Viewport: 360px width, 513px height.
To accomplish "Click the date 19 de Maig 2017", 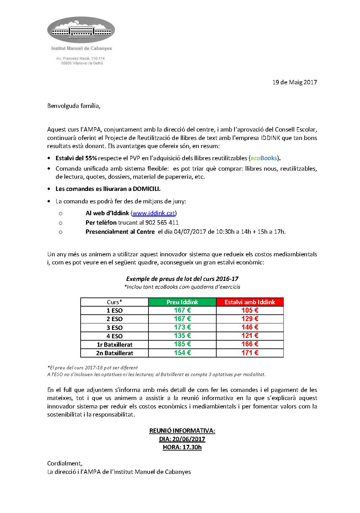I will point(295,82).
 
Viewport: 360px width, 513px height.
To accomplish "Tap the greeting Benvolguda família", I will point(74,106).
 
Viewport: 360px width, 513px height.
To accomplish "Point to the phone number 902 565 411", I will point(162,223).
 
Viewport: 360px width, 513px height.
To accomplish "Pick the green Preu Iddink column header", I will point(182,302).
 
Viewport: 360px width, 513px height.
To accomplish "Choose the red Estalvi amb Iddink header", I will point(250,302).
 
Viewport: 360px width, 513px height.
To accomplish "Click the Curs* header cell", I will point(114,302).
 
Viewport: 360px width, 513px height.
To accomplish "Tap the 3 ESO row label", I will point(114,327).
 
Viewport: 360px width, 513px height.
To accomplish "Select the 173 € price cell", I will point(182,327).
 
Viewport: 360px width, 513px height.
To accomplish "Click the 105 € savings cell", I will point(250,310).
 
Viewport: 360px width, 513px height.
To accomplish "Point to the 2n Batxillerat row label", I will point(114,353).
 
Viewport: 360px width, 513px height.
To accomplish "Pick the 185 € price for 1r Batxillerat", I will point(182,344).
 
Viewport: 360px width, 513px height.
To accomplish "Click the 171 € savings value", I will point(250,353).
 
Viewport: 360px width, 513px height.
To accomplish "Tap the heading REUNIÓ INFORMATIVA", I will point(182,431).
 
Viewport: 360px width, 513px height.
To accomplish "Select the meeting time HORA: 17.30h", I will point(182,447).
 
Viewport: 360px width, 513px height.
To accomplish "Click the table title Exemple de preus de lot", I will point(182,279).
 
